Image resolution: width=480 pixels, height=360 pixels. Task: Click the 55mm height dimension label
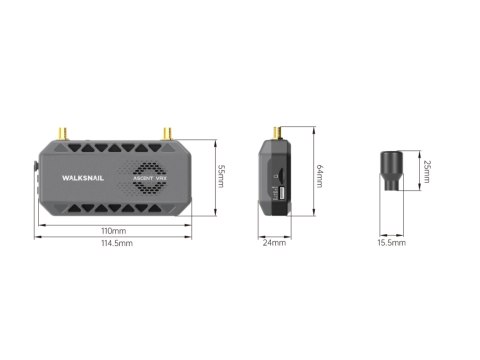click(x=222, y=177)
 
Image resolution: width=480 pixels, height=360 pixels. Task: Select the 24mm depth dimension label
click(x=274, y=243)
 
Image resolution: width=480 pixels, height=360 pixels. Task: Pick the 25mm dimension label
click(x=427, y=172)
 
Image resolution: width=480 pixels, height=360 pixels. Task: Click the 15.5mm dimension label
click(x=391, y=243)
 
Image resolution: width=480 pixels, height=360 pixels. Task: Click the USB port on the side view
click(x=282, y=193)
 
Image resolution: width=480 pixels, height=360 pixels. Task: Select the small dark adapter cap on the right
click(x=391, y=172)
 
